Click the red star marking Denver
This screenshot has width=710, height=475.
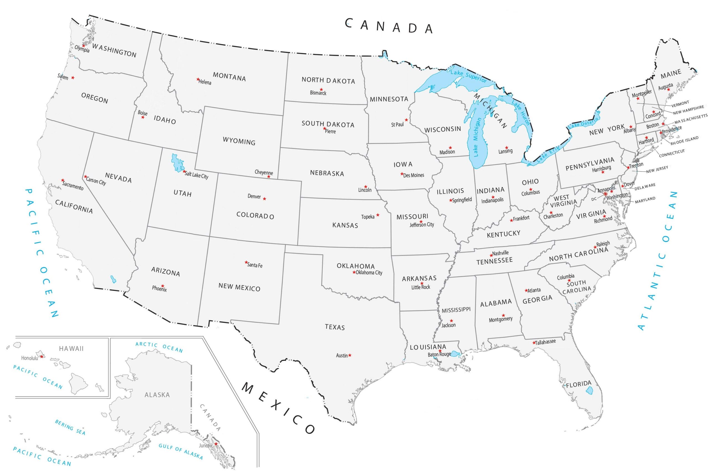click(264, 199)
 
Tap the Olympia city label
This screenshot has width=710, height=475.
click(82, 49)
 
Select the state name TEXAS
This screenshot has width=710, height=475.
click(334, 327)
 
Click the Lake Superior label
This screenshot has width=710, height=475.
click(468, 76)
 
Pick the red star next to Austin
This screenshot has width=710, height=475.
click(350, 355)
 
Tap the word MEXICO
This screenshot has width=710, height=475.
click(278, 408)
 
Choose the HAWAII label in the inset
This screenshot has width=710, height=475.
click(71, 349)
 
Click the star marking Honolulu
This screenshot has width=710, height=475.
click(42, 357)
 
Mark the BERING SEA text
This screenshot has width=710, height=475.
click(70, 427)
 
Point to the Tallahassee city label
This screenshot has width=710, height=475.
click(545, 342)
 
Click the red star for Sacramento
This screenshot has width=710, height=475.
click(63, 180)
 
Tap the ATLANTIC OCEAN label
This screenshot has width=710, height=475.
click(657, 261)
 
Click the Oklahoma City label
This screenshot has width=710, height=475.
click(369, 273)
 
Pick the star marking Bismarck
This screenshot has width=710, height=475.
click(321, 90)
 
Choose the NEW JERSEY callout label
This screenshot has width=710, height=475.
click(657, 169)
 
